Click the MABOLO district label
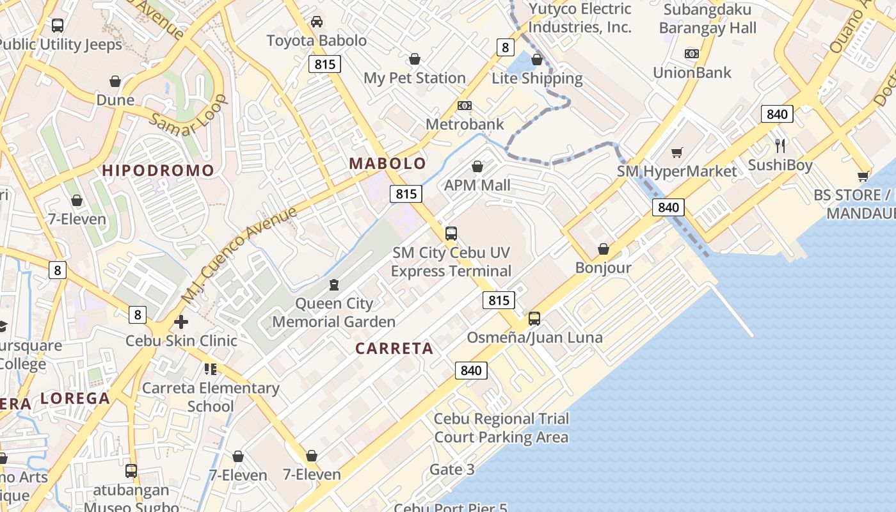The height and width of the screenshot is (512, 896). pyautogui.click(x=387, y=163)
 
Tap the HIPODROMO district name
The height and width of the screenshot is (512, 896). pyautogui.click(x=157, y=170)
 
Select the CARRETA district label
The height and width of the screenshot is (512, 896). pyautogui.click(x=394, y=349)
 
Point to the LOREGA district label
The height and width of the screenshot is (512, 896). pyautogui.click(x=75, y=399)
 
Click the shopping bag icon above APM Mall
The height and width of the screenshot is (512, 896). pyautogui.click(x=477, y=167)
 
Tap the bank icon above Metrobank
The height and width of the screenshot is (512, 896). pyautogui.click(x=465, y=106)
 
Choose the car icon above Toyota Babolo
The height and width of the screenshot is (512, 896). pyautogui.click(x=316, y=22)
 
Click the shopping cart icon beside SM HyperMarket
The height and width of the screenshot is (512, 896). pyautogui.click(x=676, y=152)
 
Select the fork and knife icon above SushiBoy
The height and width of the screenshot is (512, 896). pyautogui.click(x=780, y=146)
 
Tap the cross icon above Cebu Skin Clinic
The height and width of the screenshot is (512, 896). pyautogui.click(x=181, y=322)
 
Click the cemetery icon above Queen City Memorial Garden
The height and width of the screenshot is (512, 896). pyautogui.click(x=333, y=284)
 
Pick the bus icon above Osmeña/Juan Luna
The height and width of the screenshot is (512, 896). pyautogui.click(x=534, y=318)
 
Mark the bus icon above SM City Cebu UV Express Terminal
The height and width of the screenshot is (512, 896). pyautogui.click(x=451, y=234)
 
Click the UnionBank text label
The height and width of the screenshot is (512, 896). pyautogui.click(x=692, y=72)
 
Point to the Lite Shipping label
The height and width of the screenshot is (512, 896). pyautogui.click(x=537, y=78)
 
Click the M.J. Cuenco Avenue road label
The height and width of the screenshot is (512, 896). pyautogui.click(x=239, y=254)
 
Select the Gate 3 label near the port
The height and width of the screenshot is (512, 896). pyautogui.click(x=452, y=470)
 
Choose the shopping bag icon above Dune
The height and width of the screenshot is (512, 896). pyautogui.click(x=115, y=81)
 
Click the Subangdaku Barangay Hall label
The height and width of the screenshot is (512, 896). pyautogui.click(x=707, y=19)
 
